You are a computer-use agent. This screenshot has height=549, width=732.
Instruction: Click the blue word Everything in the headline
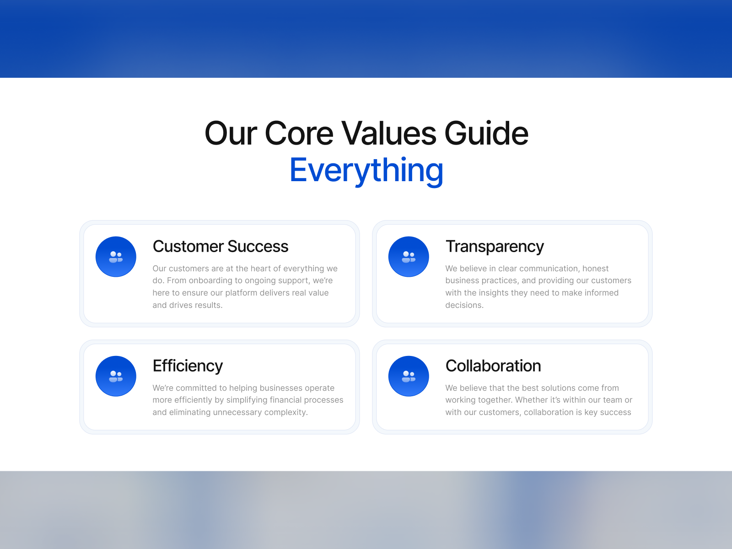[x=366, y=171]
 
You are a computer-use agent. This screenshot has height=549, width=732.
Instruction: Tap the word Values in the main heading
[x=389, y=134]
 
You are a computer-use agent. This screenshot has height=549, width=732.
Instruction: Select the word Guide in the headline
[x=487, y=134]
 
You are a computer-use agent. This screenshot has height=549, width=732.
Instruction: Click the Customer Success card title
[x=221, y=246]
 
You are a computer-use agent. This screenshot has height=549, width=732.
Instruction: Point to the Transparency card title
[x=495, y=247]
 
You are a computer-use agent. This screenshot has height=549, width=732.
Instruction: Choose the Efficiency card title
[x=188, y=366]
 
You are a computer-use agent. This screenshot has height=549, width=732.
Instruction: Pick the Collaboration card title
[x=493, y=366]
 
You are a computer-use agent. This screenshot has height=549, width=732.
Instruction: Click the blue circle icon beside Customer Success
[x=116, y=257]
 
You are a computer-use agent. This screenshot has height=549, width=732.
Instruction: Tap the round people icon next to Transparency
[x=409, y=257]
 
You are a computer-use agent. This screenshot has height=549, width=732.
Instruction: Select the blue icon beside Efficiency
[x=116, y=376]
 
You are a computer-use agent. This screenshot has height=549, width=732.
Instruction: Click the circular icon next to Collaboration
[x=409, y=376]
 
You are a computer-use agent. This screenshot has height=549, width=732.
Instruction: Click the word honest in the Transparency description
[x=595, y=269]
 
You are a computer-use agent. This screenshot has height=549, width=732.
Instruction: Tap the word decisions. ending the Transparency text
[x=464, y=305]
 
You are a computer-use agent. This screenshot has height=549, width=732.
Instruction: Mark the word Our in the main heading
[x=231, y=134]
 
